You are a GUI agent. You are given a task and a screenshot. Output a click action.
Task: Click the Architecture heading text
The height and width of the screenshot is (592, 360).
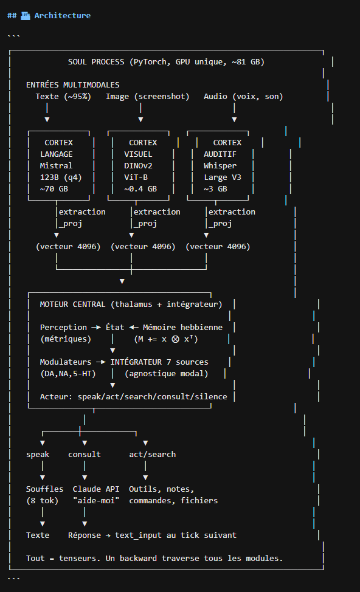(x=62, y=15)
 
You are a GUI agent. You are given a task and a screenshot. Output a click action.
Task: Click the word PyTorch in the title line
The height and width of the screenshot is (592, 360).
(x=150, y=62)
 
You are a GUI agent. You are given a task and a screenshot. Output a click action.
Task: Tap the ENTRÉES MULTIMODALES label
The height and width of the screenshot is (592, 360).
(x=72, y=85)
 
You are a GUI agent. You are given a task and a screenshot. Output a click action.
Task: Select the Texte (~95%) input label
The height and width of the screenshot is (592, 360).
(x=63, y=97)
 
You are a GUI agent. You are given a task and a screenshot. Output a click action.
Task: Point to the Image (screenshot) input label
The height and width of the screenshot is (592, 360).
(x=148, y=97)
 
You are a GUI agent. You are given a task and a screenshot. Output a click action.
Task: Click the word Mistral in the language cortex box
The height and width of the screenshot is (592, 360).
(x=56, y=166)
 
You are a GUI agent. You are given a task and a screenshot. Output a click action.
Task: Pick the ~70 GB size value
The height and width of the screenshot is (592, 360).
(x=54, y=189)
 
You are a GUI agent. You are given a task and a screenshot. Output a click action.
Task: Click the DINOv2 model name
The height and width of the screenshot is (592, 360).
(x=138, y=166)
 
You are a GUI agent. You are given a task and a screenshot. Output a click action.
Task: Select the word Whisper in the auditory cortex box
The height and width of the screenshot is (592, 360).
(x=220, y=166)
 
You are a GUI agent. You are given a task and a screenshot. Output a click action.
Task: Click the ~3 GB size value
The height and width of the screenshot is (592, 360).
(x=216, y=189)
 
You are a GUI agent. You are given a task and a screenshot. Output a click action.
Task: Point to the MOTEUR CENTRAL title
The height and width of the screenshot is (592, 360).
(x=72, y=305)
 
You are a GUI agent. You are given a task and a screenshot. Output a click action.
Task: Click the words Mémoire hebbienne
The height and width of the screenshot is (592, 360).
(x=183, y=328)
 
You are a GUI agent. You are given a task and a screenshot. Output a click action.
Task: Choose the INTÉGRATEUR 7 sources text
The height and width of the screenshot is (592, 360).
(x=159, y=362)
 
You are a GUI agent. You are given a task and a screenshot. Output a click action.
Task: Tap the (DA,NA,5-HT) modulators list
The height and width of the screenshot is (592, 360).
(x=68, y=374)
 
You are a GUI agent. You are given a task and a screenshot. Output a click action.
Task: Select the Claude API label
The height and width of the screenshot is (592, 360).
(x=96, y=489)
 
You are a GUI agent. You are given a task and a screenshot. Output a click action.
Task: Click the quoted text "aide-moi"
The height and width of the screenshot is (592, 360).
(x=96, y=501)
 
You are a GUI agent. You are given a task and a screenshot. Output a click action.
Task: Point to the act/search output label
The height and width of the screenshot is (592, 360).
(x=152, y=455)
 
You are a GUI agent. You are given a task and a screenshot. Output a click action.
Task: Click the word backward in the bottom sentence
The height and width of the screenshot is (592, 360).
(x=138, y=559)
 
